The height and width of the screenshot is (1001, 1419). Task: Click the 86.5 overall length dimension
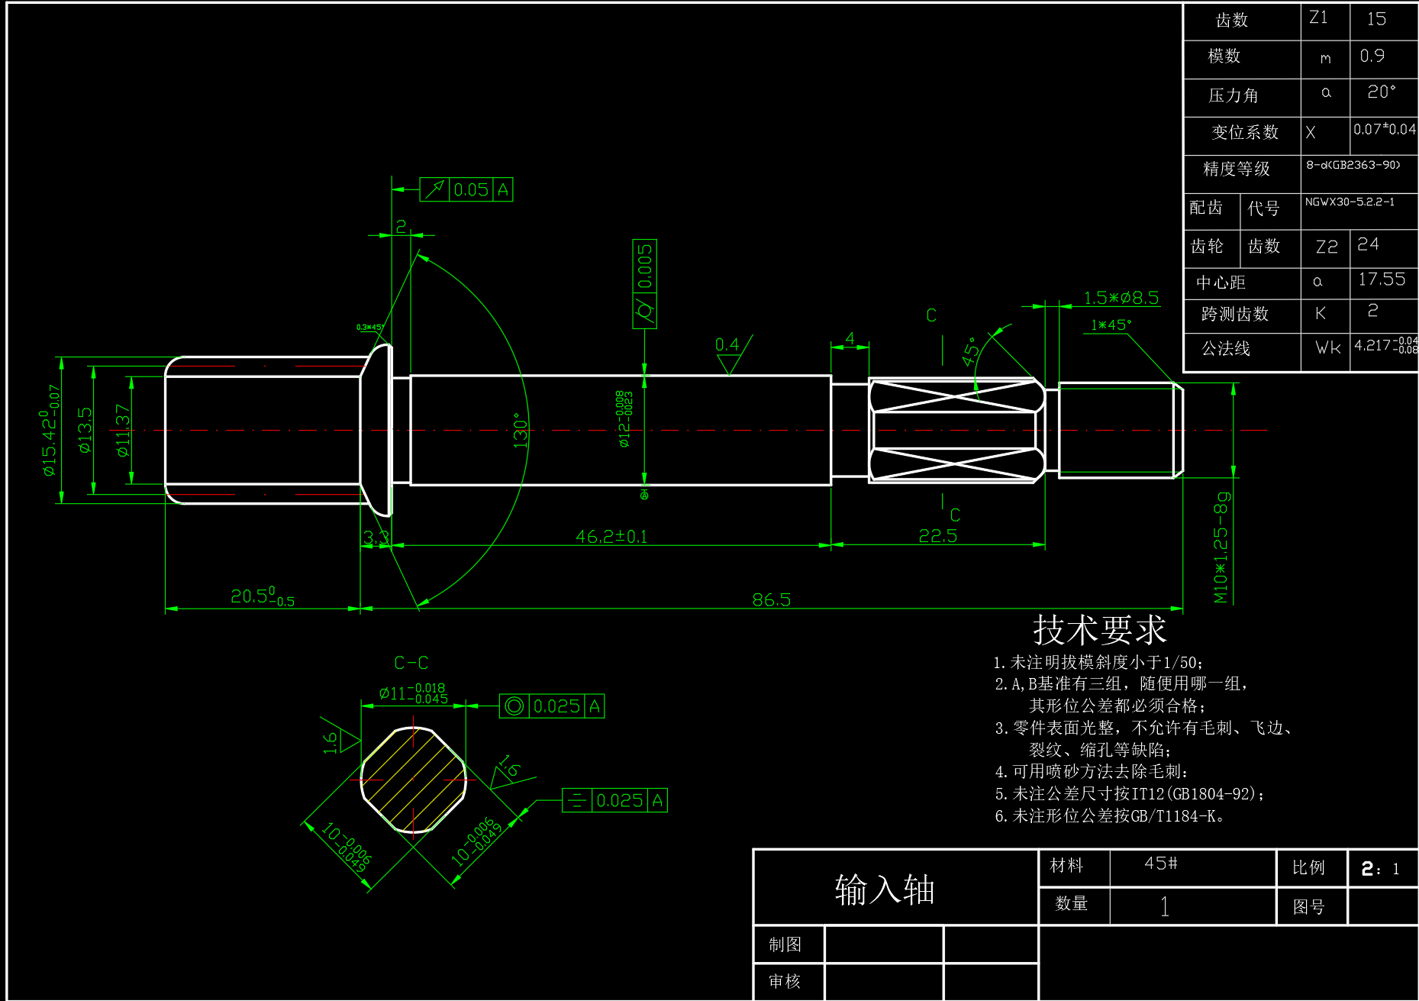[x=771, y=600]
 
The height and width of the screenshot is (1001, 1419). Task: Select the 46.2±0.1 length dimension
[x=611, y=537]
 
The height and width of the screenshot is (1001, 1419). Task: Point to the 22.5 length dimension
[x=937, y=536]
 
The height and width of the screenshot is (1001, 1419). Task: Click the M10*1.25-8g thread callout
[x=1221, y=547]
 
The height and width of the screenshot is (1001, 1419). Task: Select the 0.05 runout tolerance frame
[x=466, y=189]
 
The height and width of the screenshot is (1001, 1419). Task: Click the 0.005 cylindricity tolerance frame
[x=645, y=284]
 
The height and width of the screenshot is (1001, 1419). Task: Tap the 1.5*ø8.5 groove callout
[x=1121, y=298]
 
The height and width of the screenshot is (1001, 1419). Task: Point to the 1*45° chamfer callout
[x=1111, y=325]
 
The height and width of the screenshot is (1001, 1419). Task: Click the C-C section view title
[x=411, y=663]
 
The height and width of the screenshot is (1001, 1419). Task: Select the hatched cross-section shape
[x=413, y=780]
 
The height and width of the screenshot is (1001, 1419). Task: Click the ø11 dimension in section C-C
[x=412, y=693]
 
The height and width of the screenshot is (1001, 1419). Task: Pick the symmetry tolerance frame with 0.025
[x=614, y=800]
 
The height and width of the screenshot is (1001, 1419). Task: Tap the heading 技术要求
[x=1099, y=631]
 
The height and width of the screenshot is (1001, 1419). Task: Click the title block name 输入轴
[x=885, y=890]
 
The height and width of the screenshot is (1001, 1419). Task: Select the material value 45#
[x=1160, y=864]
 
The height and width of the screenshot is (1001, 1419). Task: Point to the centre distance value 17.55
[x=1381, y=279]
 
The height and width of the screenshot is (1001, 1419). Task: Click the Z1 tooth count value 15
[x=1376, y=19]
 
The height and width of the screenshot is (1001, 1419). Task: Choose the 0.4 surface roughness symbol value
[x=727, y=345]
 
